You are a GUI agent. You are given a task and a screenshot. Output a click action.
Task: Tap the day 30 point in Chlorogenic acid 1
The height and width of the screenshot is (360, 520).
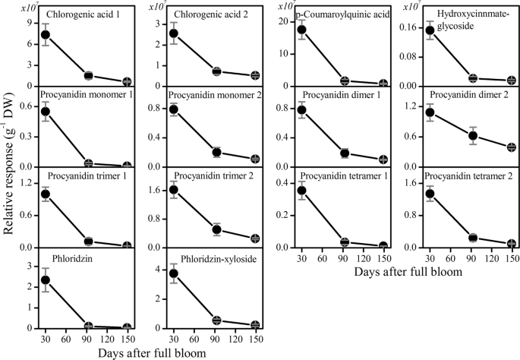click(45, 34)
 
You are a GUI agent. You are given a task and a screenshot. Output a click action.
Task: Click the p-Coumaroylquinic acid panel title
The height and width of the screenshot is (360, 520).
click(339, 14)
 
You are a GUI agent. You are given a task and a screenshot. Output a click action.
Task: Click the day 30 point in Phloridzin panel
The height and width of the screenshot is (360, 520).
click(45, 279)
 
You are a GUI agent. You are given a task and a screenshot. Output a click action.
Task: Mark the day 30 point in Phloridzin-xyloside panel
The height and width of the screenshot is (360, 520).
click(174, 273)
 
